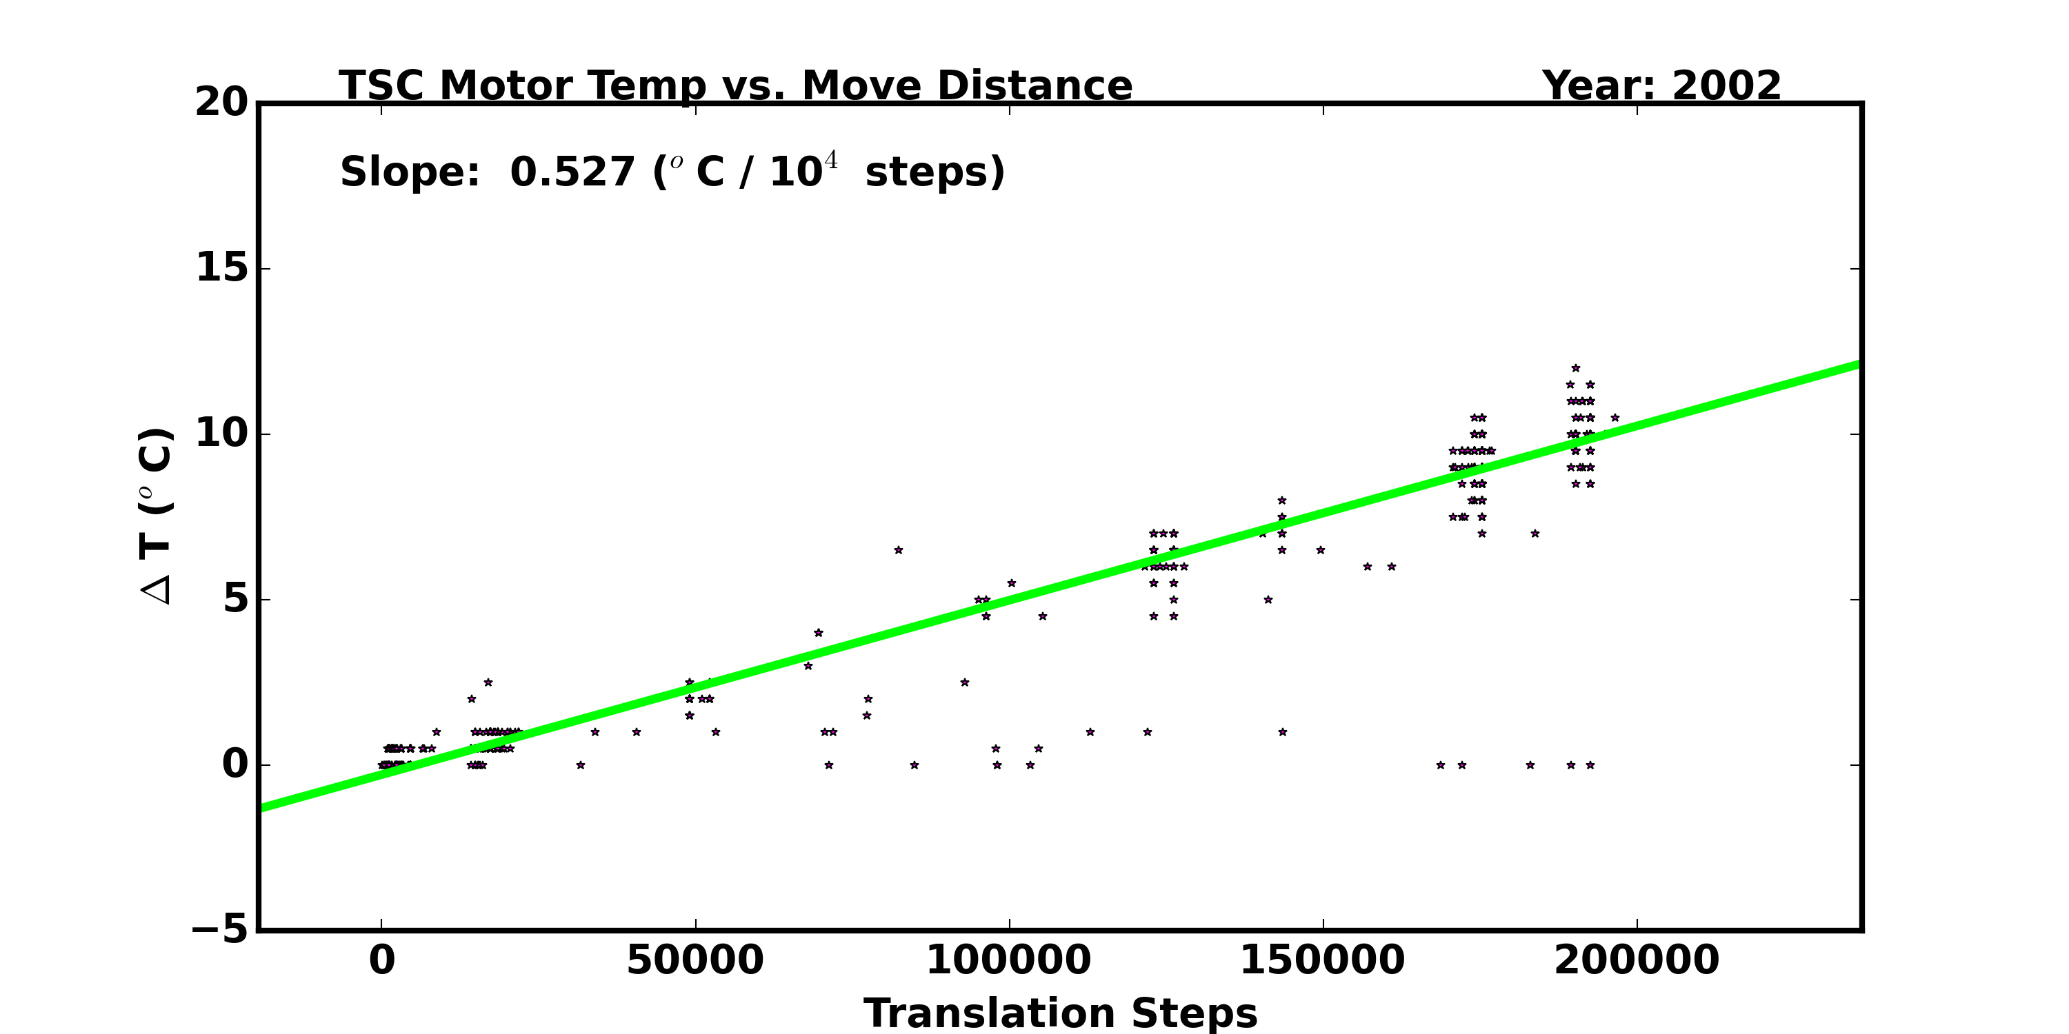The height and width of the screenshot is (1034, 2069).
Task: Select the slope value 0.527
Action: pos(572,172)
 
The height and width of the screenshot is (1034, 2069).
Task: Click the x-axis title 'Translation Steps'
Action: pos(1060,1013)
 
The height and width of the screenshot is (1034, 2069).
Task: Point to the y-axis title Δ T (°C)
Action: pos(156,516)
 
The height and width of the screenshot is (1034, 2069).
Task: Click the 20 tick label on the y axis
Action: pos(221,103)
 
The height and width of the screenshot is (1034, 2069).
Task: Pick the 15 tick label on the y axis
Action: pos(221,268)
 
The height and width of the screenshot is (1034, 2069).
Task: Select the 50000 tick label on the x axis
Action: pos(694,960)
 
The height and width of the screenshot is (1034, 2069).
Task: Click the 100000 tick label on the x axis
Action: pos(1009,960)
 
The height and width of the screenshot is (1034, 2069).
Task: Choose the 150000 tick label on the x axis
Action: pos(1323,960)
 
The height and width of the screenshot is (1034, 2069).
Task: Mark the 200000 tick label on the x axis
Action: pos(1637,960)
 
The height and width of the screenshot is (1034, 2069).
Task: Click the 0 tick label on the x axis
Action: pos(381,960)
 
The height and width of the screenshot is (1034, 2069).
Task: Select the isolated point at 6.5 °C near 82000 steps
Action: pos(899,550)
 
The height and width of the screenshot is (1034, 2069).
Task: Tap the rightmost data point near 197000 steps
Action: pos(1615,418)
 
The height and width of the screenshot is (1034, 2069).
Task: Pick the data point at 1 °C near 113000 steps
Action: pos(1090,732)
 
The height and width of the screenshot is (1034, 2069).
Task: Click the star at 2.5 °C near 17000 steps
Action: pos(488,682)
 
